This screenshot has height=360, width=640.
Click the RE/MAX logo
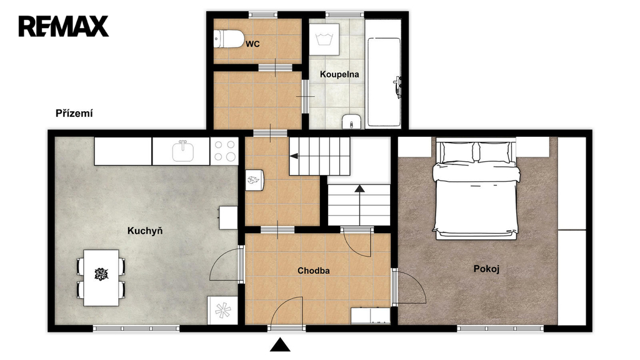[x=64, y=26]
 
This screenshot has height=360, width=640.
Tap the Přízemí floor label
[x=74, y=114]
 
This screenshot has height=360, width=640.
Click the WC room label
[x=252, y=44]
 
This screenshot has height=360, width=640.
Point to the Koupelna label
[x=339, y=74]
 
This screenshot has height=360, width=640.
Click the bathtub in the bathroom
[x=384, y=82]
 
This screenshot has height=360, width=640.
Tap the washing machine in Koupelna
[x=324, y=39]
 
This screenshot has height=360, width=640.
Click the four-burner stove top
[x=224, y=151]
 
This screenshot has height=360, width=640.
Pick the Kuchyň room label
[x=145, y=231]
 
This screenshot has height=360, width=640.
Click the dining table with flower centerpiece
[x=101, y=277]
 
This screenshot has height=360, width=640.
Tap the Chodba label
[x=314, y=271]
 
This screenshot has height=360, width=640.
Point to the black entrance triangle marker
[x=280, y=345]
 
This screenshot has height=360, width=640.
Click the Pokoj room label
[x=486, y=269]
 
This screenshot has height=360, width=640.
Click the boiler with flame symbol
[x=255, y=180]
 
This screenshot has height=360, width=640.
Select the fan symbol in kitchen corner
[x=223, y=310]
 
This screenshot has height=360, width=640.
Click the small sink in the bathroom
[x=352, y=122]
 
